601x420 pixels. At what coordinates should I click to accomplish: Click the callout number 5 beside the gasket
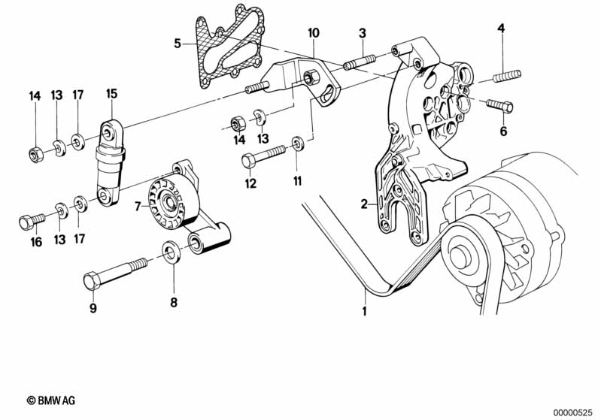tap(178, 44)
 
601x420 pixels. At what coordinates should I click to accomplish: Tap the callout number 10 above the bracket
tap(313, 33)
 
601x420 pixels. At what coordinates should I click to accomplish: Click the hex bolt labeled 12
tap(260, 156)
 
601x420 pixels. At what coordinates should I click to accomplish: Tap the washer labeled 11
tap(298, 142)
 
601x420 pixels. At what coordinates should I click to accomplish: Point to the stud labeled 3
tap(358, 60)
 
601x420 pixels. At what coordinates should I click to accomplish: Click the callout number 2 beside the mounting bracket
tap(364, 204)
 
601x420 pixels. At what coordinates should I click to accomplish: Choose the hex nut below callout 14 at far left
tap(35, 155)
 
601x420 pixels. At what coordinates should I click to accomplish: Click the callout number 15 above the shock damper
tap(111, 94)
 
